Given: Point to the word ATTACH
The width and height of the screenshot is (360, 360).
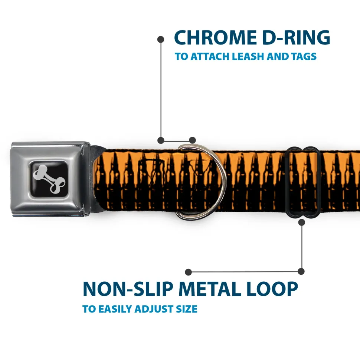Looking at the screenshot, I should (209, 57).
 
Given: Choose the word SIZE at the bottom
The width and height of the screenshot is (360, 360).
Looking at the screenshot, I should (187, 309).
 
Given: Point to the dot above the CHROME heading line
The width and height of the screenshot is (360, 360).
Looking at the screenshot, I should (161, 39).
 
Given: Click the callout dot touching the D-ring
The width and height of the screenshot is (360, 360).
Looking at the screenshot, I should (192, 140).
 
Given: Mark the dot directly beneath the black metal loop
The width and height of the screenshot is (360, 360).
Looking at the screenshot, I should (301, 222).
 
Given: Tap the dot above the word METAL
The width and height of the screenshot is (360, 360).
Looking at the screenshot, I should (189, 272).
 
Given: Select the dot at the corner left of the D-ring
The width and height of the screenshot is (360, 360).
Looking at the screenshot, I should (161, 140).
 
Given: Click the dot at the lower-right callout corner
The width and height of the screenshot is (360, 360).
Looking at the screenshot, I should (301, 272).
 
